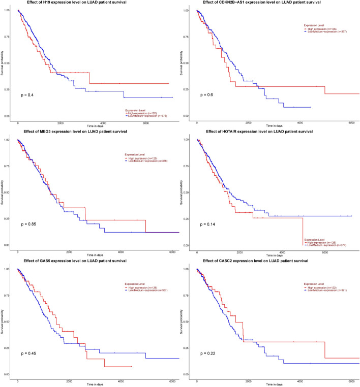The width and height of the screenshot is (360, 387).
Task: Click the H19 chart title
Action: (x=84, y=3)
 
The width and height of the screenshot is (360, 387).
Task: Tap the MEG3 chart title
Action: (x=84, y=132)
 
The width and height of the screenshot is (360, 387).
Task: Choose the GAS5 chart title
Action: (x=84, y=262)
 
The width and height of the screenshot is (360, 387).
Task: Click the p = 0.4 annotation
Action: (x=27, y=95)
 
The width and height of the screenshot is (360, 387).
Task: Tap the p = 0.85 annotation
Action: (x=28, y=224)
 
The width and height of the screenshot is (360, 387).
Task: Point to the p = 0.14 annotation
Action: (x=208, y=224)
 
